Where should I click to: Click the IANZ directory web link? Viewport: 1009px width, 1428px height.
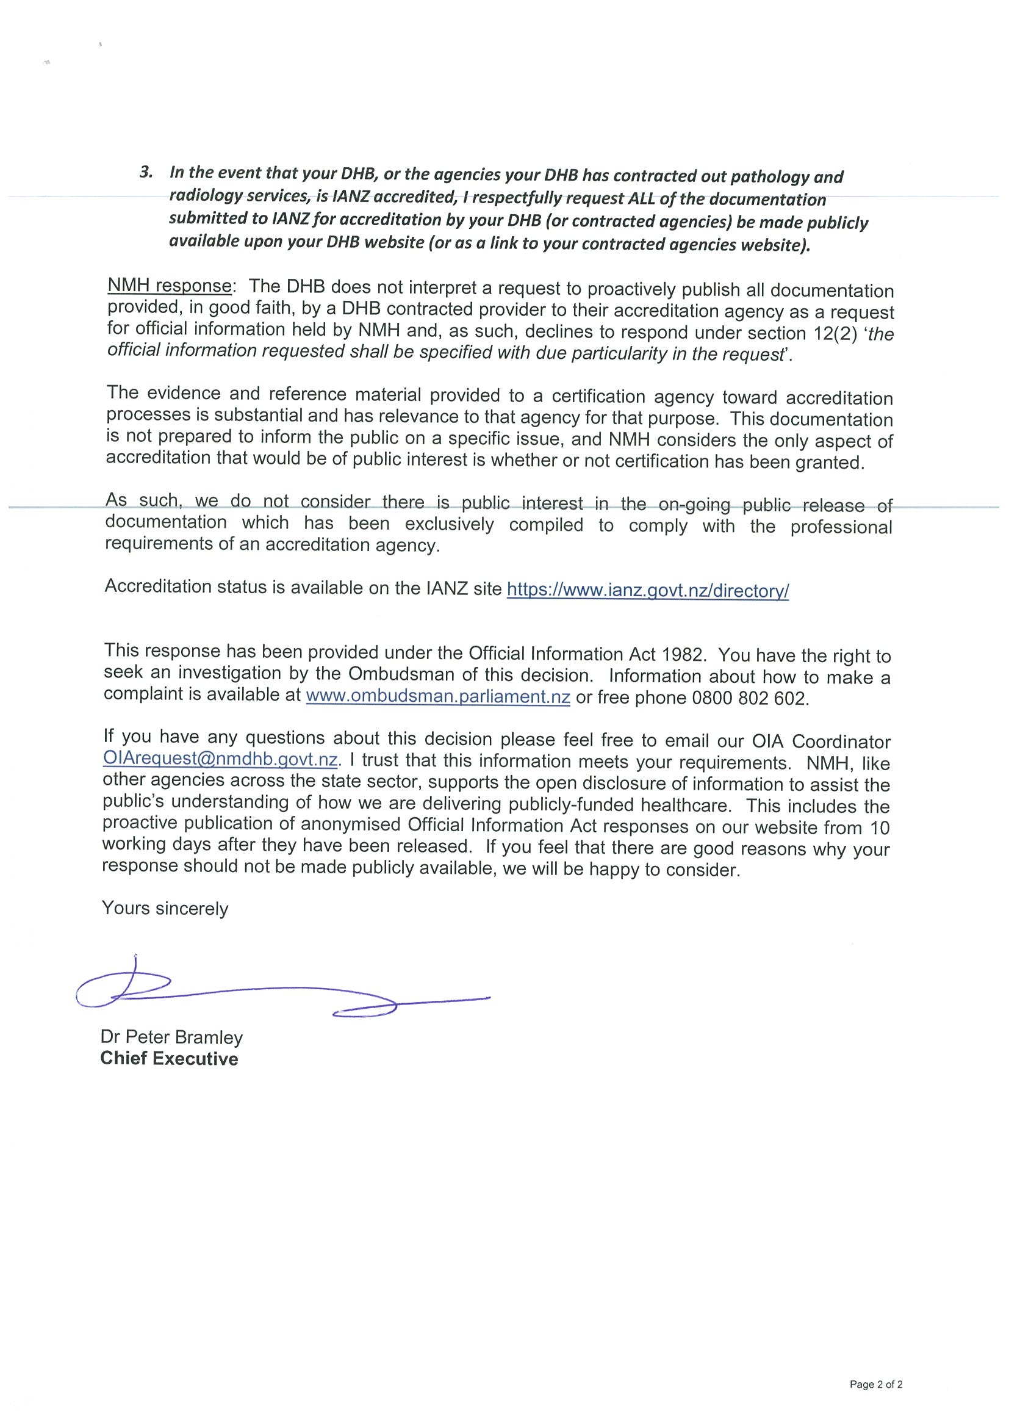648,590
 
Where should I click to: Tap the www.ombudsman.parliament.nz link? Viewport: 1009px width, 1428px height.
438,696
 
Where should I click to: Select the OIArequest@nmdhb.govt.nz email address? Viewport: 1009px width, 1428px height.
221,760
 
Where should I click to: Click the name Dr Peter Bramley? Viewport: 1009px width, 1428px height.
171,1037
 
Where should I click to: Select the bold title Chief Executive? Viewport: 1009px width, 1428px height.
169,1059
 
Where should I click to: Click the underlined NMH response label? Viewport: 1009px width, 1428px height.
169,286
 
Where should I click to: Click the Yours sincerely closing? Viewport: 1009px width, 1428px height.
165,909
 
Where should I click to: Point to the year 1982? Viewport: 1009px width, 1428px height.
684,655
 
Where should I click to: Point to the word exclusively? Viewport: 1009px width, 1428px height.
450,524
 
